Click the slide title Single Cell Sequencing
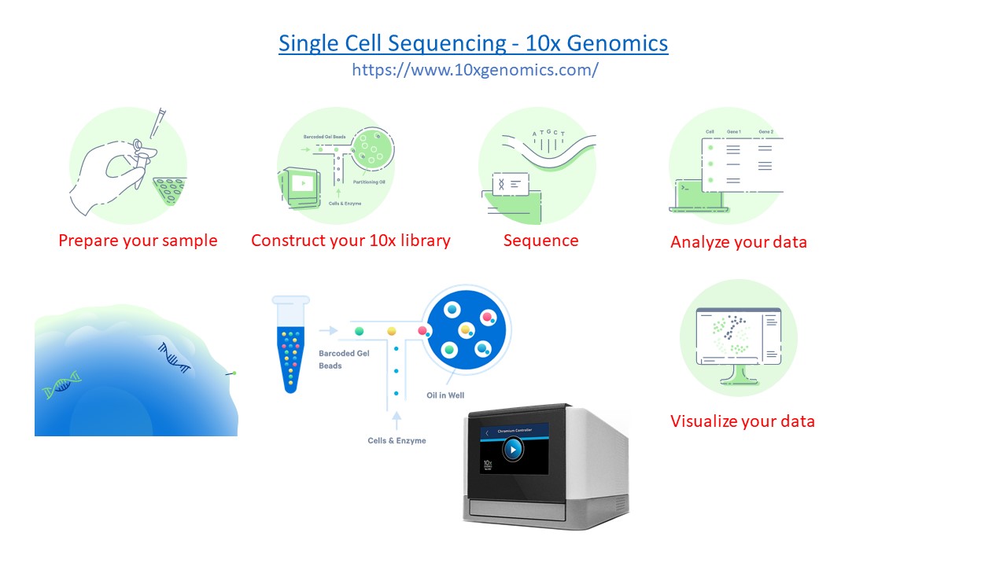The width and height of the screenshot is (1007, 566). tap(473, 42)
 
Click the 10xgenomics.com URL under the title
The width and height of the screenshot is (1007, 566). tap(474, 69)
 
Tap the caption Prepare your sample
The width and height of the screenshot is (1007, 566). tap(138, 241)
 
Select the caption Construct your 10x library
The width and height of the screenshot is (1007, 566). tap(350, 241)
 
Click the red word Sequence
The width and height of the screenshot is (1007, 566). tap(540, 241)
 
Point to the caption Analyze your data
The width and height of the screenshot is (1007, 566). tap(738, 242)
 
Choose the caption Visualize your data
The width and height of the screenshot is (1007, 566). tap(742, 421)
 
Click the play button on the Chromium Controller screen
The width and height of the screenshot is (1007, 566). tap(512, 450)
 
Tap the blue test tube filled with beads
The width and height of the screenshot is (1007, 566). tap(290, 346)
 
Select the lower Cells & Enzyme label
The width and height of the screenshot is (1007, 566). tap(397, 441)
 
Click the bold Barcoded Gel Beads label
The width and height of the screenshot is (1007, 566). tap(344, 359)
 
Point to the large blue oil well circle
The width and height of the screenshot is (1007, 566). tap(467, 328)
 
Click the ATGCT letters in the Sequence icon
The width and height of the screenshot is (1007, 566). tap(548, 134)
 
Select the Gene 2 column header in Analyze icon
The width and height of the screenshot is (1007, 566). tap(765, 132)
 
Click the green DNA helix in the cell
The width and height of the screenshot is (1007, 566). tap(62, 384)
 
